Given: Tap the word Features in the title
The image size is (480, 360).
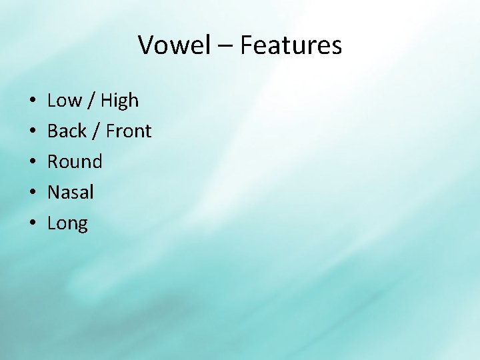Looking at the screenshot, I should tap(291, 45).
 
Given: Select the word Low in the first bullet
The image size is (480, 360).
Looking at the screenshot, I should tap(64, 101).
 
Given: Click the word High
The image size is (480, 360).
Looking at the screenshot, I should tap(120, 101).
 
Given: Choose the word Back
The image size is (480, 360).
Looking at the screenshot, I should tap(67, 131).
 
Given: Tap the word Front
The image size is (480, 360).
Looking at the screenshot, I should tap(129, 131).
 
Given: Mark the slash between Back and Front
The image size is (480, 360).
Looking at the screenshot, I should tap(97, 132).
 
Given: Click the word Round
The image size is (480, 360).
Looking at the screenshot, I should tap(75, 162).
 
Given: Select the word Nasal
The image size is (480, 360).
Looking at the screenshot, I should tap(70, 193).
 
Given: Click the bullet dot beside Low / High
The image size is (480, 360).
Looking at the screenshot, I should tap(33, 102).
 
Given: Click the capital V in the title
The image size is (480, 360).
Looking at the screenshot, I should tap(146, 45).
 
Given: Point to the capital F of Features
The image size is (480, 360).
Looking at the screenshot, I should tap(245, 45).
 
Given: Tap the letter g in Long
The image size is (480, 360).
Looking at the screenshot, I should tap(82, 226).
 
